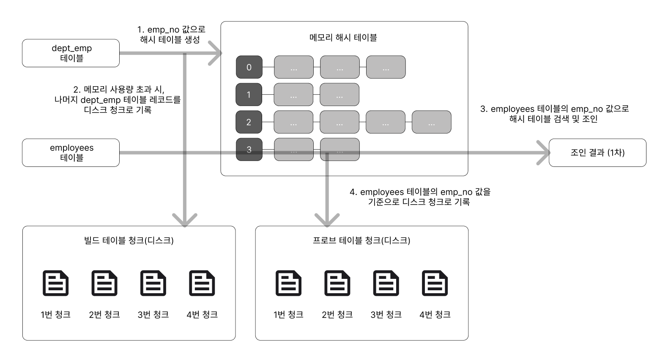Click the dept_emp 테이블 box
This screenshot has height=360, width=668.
point(71,53)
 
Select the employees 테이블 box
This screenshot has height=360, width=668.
point(71,153)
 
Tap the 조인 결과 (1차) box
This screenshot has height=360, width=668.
point(597,153)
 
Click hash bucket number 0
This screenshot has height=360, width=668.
point(249,67)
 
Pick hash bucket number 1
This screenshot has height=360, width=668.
point(249,95)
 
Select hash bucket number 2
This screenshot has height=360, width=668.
point(249,122)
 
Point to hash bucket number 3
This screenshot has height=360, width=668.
point(249,149)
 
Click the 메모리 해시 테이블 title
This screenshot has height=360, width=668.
point(343,38)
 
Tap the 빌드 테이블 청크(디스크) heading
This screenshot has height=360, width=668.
point(129,240)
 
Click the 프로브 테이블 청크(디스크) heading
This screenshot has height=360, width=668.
point(361,240)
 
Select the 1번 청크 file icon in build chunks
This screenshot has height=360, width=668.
point(55,283)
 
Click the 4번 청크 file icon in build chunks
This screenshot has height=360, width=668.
point(202,283)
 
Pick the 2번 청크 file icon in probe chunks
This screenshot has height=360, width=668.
point(337,283)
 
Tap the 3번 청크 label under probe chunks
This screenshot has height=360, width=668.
point(386,314)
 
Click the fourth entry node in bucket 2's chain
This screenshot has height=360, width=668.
point(432,122)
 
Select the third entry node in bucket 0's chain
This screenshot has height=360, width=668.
point(386,67)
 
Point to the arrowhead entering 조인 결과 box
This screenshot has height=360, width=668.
point(543,153)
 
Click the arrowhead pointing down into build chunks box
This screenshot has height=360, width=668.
point(185,221)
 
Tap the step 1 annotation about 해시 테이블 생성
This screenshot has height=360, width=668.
point(171,34)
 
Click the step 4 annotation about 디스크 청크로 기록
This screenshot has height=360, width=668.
point(420,196)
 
